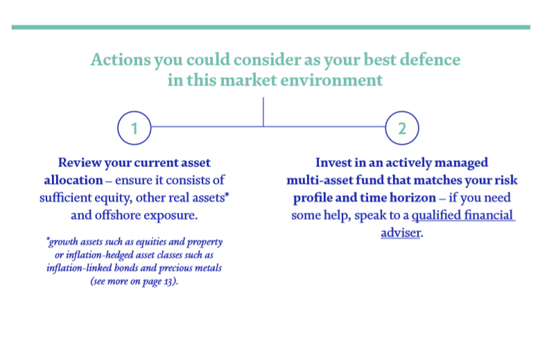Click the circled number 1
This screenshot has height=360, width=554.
[135, 128]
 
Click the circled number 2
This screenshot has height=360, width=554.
[402, 128]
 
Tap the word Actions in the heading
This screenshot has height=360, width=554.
[121, 60]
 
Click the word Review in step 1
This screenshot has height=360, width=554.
[80, 162]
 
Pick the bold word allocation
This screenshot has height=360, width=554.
[73, 180]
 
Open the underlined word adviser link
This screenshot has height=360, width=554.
[401, 233]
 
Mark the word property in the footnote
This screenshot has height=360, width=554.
[205, 242]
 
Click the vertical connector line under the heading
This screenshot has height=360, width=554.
[263, 112]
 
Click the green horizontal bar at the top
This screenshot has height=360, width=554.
[271, 27]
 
